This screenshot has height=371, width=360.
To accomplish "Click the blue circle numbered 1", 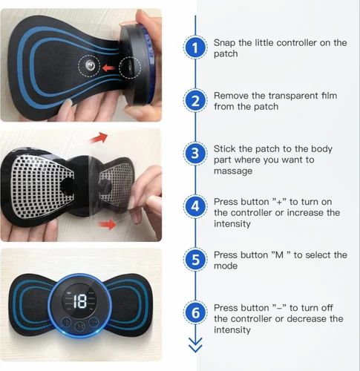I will (194, 48).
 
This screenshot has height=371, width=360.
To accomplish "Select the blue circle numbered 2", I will (194, 101).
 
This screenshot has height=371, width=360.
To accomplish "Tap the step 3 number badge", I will (194, 154).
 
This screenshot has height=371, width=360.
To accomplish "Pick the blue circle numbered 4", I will (194, 207).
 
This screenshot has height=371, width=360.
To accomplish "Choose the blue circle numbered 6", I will (194, 313).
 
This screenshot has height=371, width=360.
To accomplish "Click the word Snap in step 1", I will (225, 43).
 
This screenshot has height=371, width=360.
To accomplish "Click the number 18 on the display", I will (80, 301).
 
